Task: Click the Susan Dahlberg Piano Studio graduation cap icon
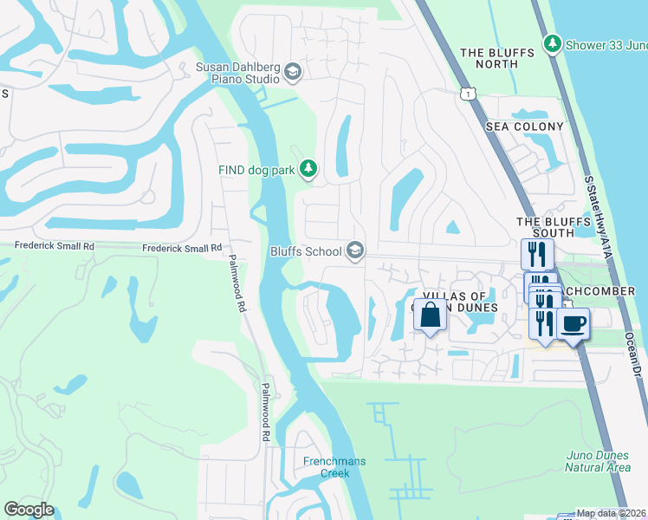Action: click(x=292, y=72)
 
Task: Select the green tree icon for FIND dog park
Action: click(x=307, y=167)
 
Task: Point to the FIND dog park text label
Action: click(x=256, y=170)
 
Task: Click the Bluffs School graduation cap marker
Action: click(x=353, y=250)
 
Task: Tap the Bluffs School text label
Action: click(x=306, y=251)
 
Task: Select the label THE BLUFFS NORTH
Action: click(x=497, y=59)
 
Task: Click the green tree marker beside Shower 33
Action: click(x=552, y=42)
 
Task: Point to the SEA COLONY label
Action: click(x=524, y=127)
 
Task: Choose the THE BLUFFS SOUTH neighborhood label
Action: click(x=546, y=227)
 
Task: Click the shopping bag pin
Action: click(x=431, y=315)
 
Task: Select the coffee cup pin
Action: click(x=573, y=325)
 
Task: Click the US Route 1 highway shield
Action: click(x=469, y=94)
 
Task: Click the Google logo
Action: click(x=29, y=510)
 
